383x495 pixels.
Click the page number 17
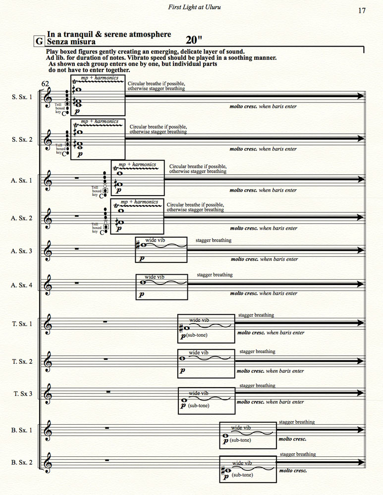pos(362,11)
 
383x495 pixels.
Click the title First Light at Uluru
pos(194,7)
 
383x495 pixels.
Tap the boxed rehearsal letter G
pos(39,42)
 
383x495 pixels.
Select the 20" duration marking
pos(194,40)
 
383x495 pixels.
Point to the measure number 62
pos(45,84)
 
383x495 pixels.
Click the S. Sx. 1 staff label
pos(22,97)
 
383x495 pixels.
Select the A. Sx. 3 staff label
pos(21,251)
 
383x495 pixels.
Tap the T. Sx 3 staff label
pos(23,394)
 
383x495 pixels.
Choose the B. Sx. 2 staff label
pos(22,462)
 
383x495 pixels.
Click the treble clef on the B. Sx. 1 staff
pos(48,430)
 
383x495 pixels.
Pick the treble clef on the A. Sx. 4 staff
pos(48,285)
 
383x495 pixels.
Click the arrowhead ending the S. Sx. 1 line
pos(361,96)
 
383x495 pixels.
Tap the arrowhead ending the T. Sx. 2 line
pos(360,361)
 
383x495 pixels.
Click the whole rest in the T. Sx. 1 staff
pos(105,322)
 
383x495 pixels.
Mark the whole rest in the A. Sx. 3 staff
pos(76,249)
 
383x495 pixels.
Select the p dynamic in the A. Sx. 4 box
pos(141,294)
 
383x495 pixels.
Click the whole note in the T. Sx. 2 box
pos(182,358)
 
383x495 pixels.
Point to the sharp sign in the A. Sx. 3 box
pos(138,245)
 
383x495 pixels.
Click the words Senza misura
pos(71,42)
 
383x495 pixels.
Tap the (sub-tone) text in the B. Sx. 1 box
pos(240,440)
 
